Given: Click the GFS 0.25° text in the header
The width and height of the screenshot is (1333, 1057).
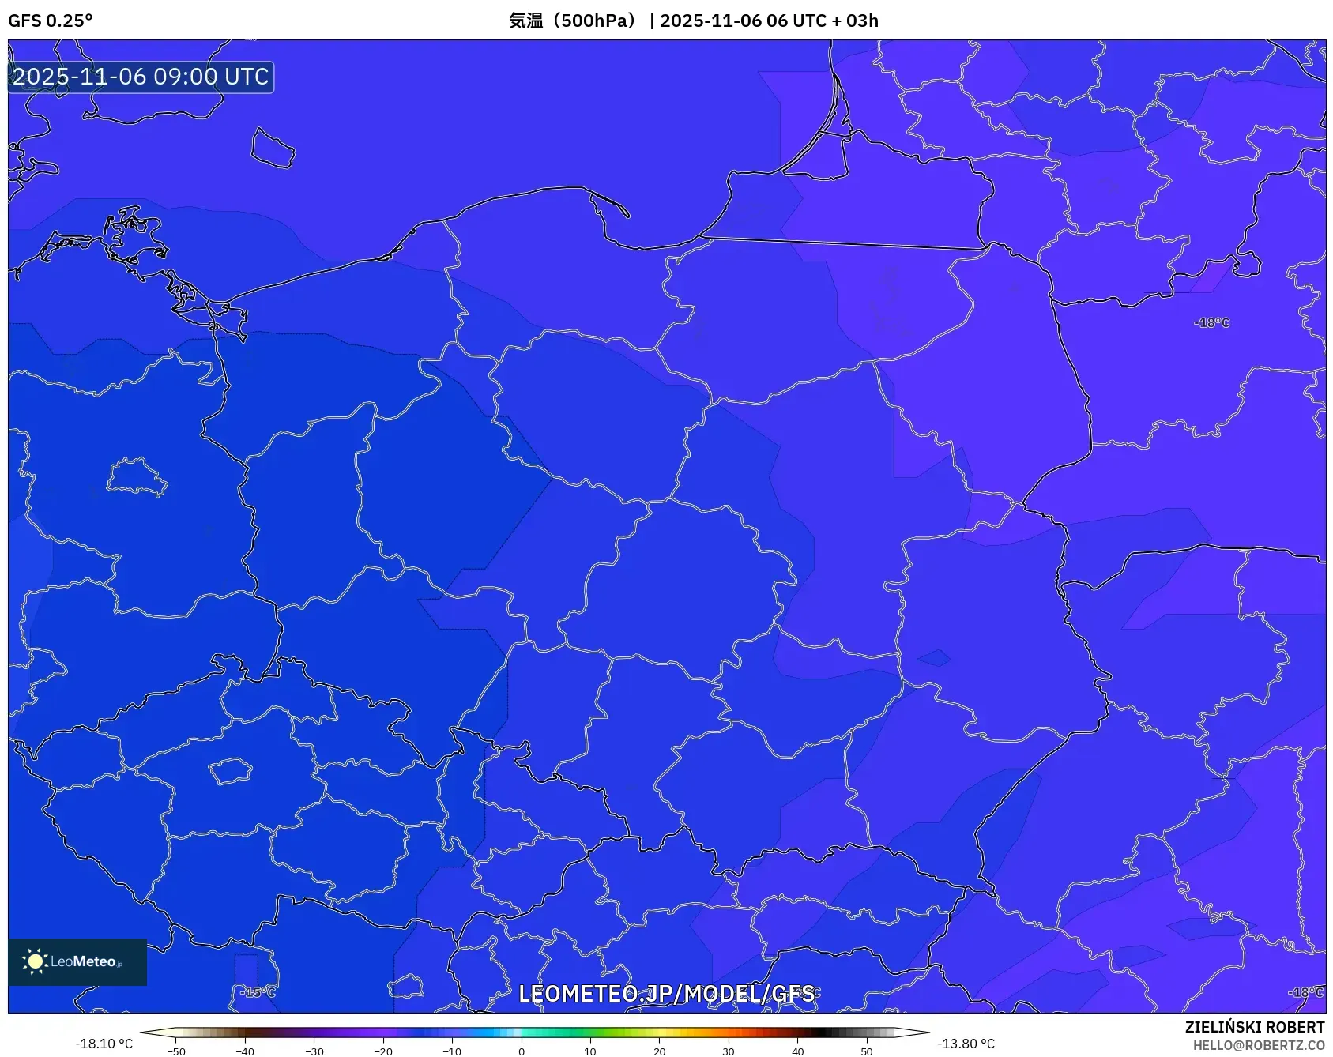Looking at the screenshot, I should pyautogui.click(x=50, y=21).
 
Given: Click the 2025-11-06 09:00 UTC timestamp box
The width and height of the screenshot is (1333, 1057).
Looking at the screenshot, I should pyautogui.click(x=141, y=77).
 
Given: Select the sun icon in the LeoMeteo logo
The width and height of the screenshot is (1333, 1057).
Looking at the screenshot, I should pyautogui.click(x=35, y=961).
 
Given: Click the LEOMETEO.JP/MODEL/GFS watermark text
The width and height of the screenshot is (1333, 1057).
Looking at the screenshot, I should pyautogui.click(x=666, y=994).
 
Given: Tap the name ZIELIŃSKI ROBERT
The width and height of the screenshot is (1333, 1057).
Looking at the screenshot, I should pyautogui.click(x=1254, y=1027).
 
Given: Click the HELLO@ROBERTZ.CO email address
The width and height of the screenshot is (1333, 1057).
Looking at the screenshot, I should pyautogui.click(x=1258, y=1045).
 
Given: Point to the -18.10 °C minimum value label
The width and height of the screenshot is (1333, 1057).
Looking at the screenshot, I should pyautogui.click(x=104, y=1044).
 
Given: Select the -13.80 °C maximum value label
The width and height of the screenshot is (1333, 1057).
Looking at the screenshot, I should pyautogui.click(x=966, y=1044).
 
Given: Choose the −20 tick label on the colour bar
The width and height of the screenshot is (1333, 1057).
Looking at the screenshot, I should pyautogui.click(x=383, y=1051).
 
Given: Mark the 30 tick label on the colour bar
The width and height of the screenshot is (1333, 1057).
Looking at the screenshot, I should pyautogui.click(x=729, y=1051).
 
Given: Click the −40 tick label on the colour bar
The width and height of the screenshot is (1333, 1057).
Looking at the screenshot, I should pyautogui.click(x=245, y=1051).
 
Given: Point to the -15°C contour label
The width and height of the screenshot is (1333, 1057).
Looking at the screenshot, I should pyautogui.click(x=258, y=992).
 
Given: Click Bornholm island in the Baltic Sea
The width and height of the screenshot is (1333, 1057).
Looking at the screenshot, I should pyautogui.click(x=273, y=149).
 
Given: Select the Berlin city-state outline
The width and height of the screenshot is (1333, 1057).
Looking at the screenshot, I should pyautogui.click(x=136, y=476).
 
